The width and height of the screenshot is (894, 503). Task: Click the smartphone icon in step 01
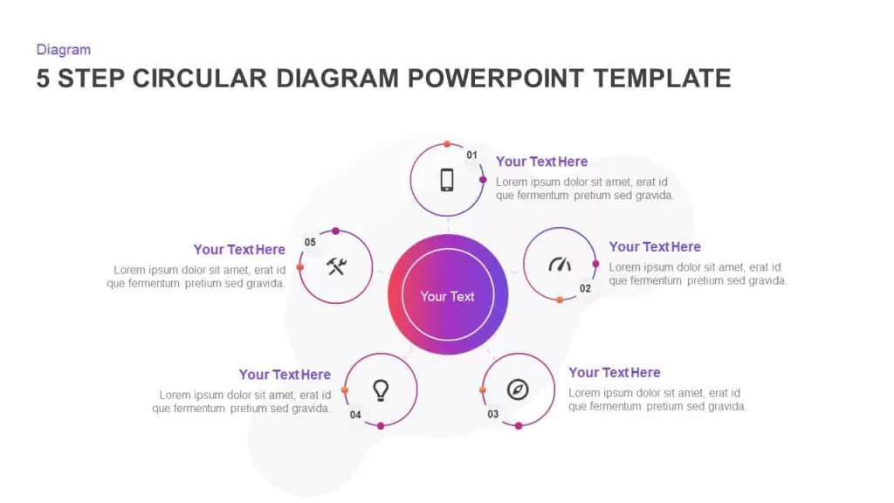point(447,180)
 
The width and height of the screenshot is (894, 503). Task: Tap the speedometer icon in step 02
point(560,265)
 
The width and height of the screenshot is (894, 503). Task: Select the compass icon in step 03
point(518,389)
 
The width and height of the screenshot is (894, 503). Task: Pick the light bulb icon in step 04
point(381,390)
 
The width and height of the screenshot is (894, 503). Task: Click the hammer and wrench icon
point(336,266)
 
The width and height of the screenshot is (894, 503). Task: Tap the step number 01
point(471,155)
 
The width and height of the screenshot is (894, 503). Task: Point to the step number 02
point(585,288)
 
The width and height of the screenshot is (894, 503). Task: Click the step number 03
point(492,414)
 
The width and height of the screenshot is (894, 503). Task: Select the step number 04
point(355,415)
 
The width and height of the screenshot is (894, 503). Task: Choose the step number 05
point(310,243)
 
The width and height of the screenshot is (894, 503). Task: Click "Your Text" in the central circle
point(447,297)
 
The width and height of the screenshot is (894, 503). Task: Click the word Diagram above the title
point(63,50)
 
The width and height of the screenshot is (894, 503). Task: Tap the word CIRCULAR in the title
point(200,79)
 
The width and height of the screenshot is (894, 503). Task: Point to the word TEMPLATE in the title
point(662,79)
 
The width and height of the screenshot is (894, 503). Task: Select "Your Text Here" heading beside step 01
point(541,162)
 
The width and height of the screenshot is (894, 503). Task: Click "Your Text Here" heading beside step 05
point(239,250)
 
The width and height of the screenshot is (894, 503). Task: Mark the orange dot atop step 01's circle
point(447,144)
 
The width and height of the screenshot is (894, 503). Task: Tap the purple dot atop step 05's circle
point(336,231)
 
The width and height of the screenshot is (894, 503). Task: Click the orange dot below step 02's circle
point(560,300)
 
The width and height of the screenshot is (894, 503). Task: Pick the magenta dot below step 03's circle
point(519,426)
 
